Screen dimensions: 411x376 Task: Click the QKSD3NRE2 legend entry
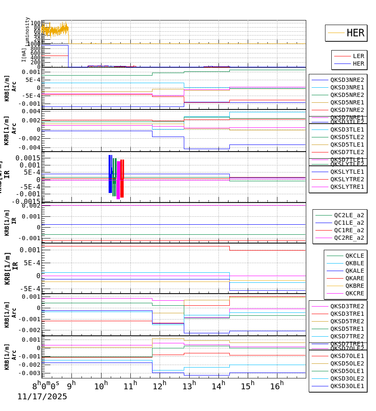coord(347,80)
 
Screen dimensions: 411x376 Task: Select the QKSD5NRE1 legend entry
coord(347,102)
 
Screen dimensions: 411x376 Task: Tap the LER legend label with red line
coord(358,56)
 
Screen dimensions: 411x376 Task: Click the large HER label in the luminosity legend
coord(355,33)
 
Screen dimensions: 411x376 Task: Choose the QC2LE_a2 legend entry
coord(349,215)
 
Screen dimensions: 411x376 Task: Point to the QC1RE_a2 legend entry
coord(349,230)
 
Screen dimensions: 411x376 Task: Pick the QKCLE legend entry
coord(354,256)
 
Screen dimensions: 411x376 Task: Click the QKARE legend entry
coord(354,278)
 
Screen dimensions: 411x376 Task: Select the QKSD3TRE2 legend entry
coord(347,306)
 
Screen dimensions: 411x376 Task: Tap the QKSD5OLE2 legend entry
coord(347,363)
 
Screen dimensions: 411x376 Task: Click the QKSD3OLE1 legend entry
coord(347,386)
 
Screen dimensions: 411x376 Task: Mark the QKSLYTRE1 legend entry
coord(347,187)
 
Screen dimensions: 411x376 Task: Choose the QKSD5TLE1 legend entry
coord(347,145)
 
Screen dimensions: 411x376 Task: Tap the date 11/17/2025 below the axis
coord(42,397)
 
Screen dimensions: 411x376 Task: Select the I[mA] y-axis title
coord(24,55)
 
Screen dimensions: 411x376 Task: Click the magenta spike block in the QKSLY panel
coord(118,180)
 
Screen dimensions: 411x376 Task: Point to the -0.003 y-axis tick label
coord(28,373)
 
